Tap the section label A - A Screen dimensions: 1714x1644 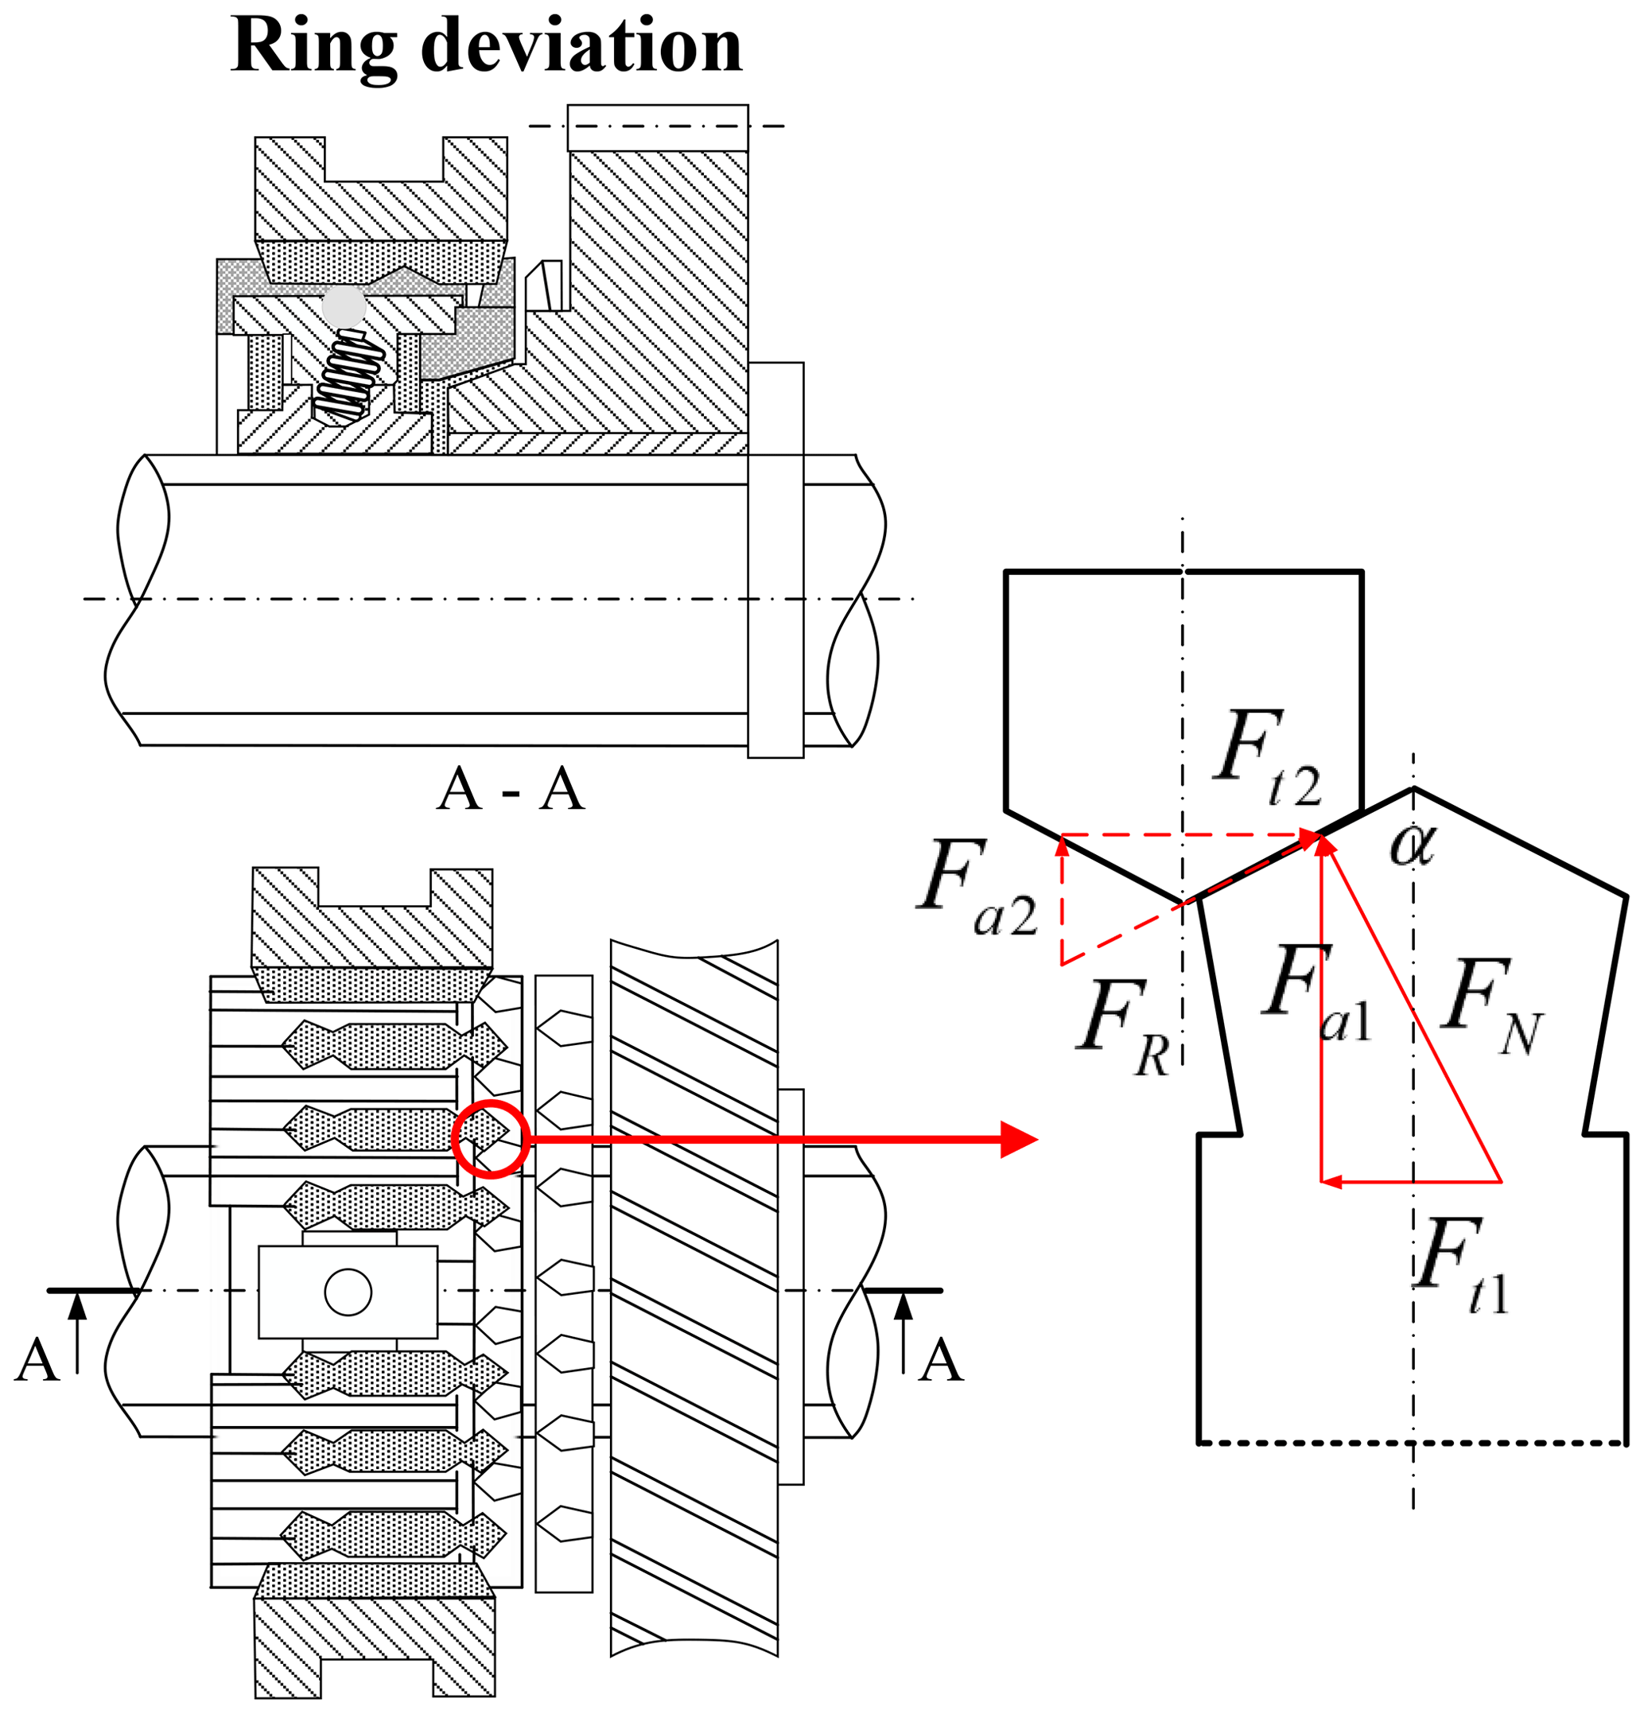click(510, 790)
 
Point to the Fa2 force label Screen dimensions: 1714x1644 click(976, 888)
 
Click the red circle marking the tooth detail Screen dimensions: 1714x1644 click(491, 1140)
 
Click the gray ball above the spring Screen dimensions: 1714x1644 click(344, 307)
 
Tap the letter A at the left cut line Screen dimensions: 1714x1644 click(37, 1361)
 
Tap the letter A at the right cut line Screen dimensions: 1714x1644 click(940, 1361)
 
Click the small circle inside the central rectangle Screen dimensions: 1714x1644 click(348, 1292)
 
